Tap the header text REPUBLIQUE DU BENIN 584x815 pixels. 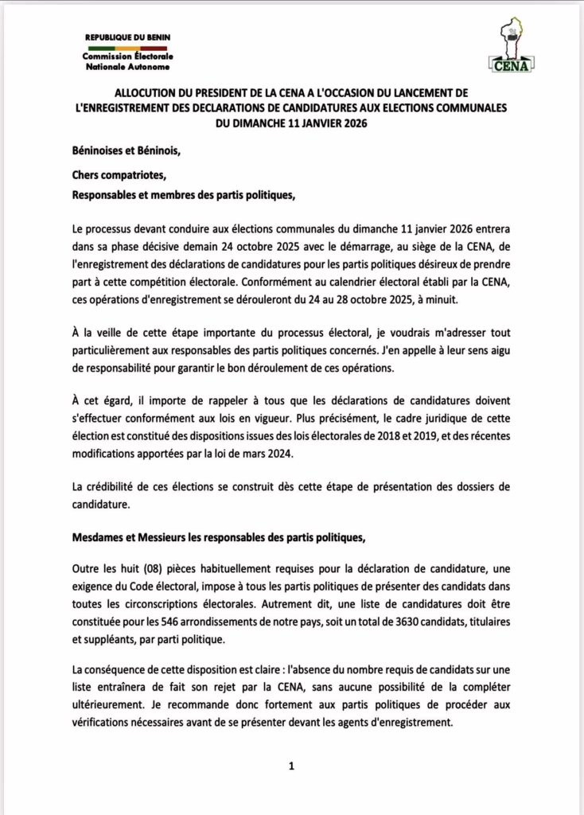(128, 37)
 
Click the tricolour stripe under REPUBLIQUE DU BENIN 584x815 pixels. (128, 48)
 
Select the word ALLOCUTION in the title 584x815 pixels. (152, 93)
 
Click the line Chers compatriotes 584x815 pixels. (120, 174)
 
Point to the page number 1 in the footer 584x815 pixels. (291, 766)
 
